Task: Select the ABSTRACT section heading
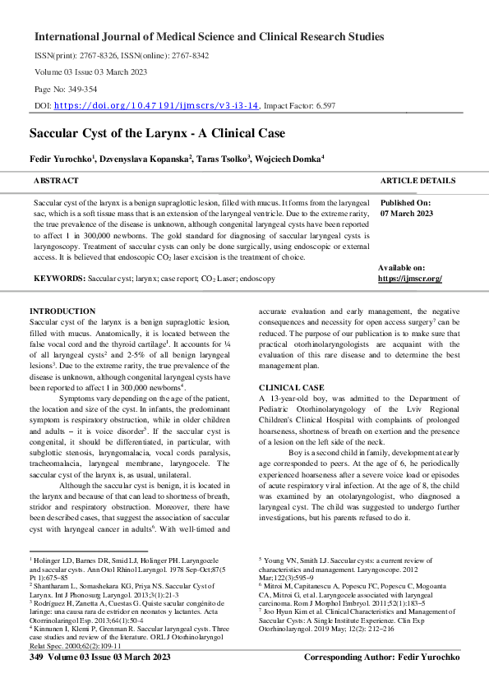(56, 180)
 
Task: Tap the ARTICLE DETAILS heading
(417, 180)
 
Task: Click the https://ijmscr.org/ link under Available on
(410, 279)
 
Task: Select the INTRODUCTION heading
(62, 311)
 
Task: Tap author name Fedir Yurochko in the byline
(60, 157)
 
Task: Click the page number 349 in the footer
(35, 681)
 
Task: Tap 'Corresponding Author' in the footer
(351, 681)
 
